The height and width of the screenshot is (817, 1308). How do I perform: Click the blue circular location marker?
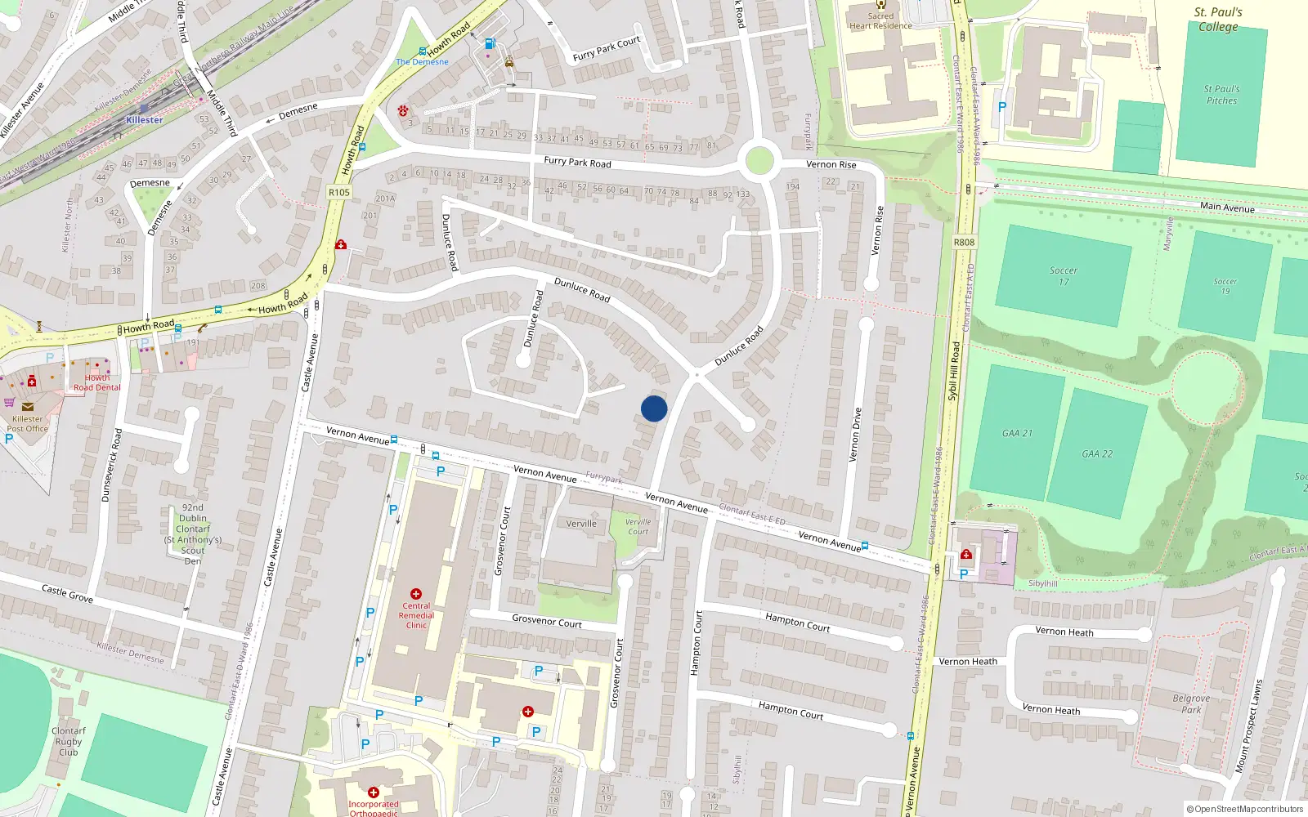654,408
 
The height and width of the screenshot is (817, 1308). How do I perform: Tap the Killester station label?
145,120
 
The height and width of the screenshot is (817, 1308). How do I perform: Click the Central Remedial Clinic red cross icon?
416,594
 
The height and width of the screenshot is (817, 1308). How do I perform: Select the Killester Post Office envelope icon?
28,406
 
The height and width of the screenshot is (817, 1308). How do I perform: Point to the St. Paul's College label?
1218,20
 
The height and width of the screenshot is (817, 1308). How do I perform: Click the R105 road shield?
338,193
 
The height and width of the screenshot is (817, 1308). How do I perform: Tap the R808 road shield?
964,242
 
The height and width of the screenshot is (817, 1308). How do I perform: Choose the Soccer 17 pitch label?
1064,276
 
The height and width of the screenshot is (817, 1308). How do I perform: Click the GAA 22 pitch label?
1097,454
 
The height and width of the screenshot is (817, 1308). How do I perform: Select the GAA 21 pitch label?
1017,433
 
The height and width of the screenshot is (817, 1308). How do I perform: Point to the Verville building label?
581,524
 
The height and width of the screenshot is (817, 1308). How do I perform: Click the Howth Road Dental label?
96,382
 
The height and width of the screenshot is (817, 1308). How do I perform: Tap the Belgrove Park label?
1191,704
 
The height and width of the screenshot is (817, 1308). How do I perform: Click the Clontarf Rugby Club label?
69,742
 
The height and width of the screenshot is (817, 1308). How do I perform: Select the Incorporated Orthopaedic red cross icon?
374,792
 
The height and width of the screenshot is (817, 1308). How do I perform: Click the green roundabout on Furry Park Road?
759,160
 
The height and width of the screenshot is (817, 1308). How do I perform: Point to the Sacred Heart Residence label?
880,20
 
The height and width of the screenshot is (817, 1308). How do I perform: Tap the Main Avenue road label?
1227,208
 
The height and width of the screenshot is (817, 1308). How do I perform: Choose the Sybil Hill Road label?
953,371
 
